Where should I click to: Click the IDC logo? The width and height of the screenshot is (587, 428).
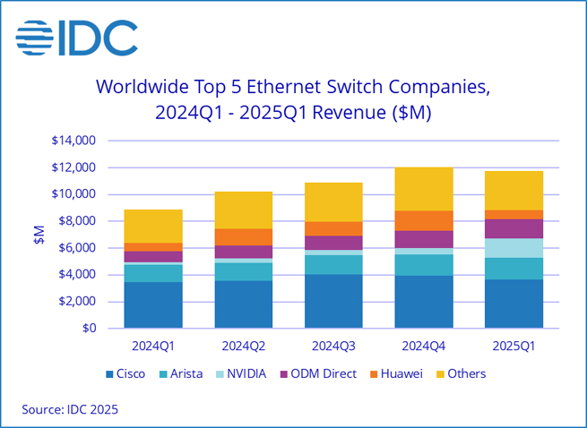click(x=77, y=39)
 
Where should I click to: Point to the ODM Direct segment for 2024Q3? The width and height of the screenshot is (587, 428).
click(x=334, y=243)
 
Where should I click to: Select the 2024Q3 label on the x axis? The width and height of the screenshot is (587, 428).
click(x=334, y=345)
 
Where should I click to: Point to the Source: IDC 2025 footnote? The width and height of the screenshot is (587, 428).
click(x=70, y=409)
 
